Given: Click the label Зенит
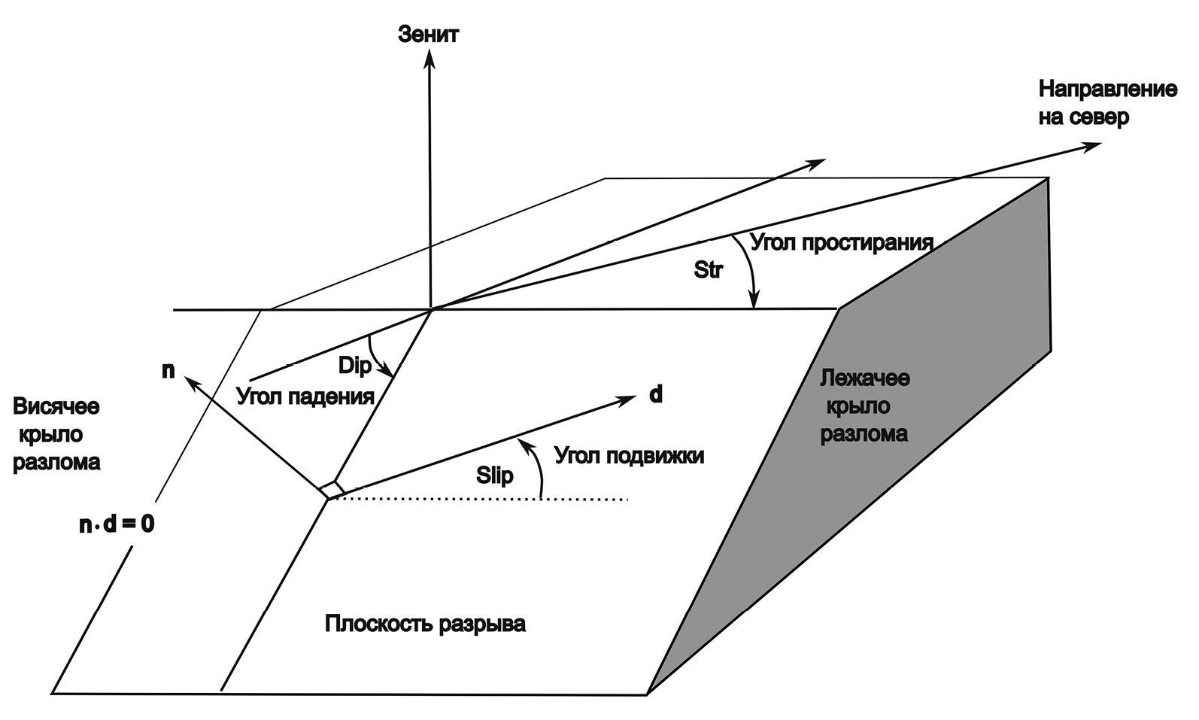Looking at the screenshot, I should click(x=428, y=35).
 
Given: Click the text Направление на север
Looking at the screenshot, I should click(x=1106, y=103).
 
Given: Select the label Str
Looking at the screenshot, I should click(x=708, y=270).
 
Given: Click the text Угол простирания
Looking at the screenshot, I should click(x=842, y=243).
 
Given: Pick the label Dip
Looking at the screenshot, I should click(x=355, y=366).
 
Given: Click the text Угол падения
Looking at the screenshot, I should click(x=305, y=396).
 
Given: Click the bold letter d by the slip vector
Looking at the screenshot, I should click(x=656, y=394).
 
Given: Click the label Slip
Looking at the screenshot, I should click(x=495, y=475).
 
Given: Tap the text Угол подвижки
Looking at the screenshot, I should click(x=629, y=455).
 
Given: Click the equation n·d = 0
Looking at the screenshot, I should click(x=117, y=524).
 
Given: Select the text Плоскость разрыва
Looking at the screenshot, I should click(x=425, y=624).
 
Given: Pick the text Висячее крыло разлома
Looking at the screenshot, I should click(x=56, y=434).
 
